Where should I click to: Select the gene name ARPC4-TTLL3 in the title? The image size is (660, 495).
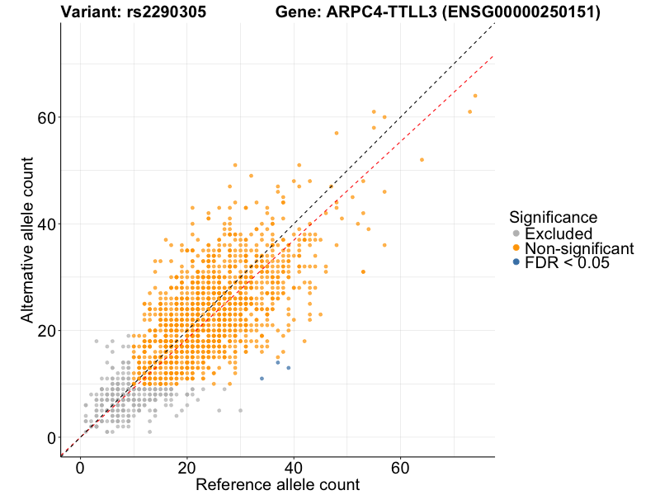point(361,12)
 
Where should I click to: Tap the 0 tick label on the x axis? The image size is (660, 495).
point(80,466)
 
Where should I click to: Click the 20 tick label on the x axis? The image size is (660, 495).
point(187,466)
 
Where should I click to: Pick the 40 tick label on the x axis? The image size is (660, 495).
point(294,466)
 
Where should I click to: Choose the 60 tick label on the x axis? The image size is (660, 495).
point(401,466)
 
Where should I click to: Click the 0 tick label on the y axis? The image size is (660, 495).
point(52,437)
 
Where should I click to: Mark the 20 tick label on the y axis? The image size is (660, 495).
point(47,331)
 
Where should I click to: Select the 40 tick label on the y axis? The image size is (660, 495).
point(47,224)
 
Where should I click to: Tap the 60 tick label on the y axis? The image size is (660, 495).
point(47,117)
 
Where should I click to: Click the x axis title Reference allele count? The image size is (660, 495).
point(277,484)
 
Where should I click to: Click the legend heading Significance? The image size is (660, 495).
point(554,217)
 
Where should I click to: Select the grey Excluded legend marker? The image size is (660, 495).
point(516,233)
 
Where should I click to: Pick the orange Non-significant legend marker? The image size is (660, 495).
point(516,248)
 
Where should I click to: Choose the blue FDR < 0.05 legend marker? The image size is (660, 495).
point(516,262)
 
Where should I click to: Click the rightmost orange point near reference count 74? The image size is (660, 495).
point(475,96)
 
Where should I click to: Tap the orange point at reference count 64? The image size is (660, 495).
point(422,159)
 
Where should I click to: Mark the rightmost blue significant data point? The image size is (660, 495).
point(289,368)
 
